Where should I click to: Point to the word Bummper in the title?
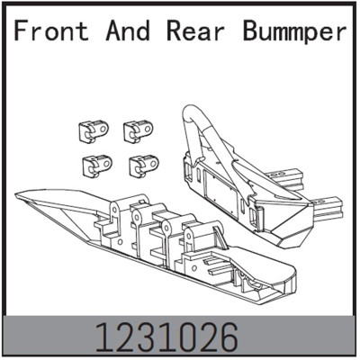pos(293,31)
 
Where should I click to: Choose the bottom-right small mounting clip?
pos(141,164)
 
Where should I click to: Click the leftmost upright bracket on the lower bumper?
pos(117,216)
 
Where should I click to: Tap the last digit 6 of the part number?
pos(229,337)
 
